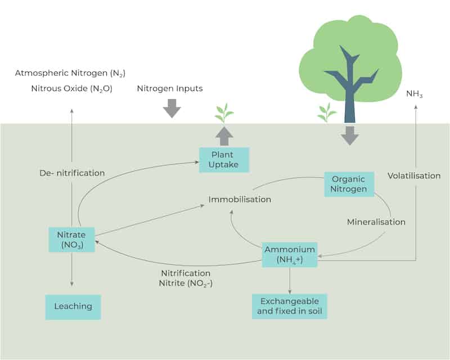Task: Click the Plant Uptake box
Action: (x=224, y=160)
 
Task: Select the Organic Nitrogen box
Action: (x=349, y=184)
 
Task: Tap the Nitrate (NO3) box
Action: (x=71, y=240)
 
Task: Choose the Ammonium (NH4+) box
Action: (x=290, y=255)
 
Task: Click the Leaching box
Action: (x=73, y=307)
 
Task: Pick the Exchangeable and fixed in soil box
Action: (x=289, y=307)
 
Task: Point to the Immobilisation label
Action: (x=240, y=199)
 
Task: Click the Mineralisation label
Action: (x=376, y=222)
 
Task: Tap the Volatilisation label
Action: (x=414, y=175)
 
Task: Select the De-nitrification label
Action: (x=72, y=173)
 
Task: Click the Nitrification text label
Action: (x=186, y=273)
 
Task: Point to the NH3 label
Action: (x=415, y=94)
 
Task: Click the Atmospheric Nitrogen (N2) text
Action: (x=70, y=73)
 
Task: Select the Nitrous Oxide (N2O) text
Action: (x=72, y=88)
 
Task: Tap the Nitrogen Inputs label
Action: (x=170, y=88)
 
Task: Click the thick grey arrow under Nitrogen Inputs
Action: (x=172, y=108)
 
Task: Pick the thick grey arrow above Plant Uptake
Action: (x=224, y=136)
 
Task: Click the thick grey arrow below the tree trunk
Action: (x=350, y=136)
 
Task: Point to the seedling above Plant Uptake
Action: (x=224, y=113)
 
